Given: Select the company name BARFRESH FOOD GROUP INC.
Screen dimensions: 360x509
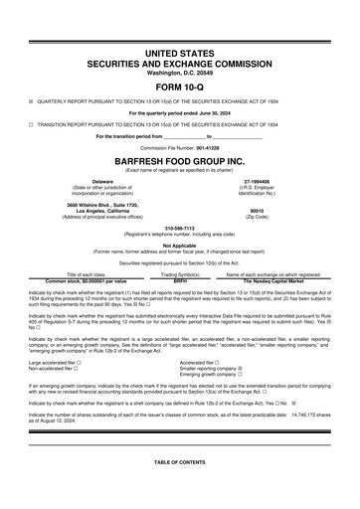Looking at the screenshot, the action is point(179,160).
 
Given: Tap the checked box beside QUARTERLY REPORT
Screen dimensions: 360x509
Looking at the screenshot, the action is point(31,101).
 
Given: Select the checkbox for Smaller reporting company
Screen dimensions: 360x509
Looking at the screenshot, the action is point(241,369).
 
